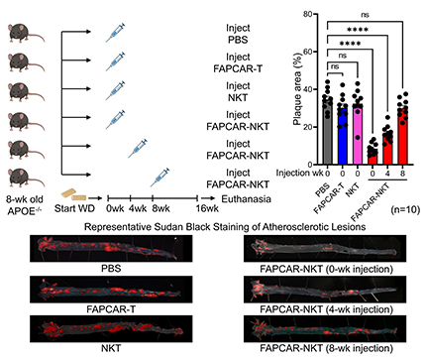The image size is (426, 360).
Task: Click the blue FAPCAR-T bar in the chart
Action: [x=343, y=135]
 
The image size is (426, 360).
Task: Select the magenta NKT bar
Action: [x=358, y=134]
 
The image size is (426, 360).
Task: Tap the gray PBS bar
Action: [x=328, y=131]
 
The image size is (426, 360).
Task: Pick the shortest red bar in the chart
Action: [x=373, y=158]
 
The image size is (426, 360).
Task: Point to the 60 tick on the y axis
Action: [x=307, y=52]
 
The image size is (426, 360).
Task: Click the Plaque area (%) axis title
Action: [x=297, y=89]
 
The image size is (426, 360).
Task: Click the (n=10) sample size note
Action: [x=405, y=209]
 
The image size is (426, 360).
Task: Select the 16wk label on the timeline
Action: [x=207, y=208]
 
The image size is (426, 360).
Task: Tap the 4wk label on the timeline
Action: [x=138, y=208]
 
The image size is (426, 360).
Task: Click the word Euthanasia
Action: [x=246, y=199]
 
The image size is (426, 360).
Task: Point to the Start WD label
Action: [x=74, y=208]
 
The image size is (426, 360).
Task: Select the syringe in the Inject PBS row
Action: [x=115, y=33]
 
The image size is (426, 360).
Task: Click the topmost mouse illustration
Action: [x=26, y=33]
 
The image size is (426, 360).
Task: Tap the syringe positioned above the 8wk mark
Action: [x=160, y=178]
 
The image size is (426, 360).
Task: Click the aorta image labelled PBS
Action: [x=111, y=249]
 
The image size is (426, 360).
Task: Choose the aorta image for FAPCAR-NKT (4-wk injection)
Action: [x=325, y=291]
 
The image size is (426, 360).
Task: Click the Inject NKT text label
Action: [x=238, y=91]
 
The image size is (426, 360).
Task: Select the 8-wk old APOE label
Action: [x=25, y=205]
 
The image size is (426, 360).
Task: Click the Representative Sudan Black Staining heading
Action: [x=225, y=227]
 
